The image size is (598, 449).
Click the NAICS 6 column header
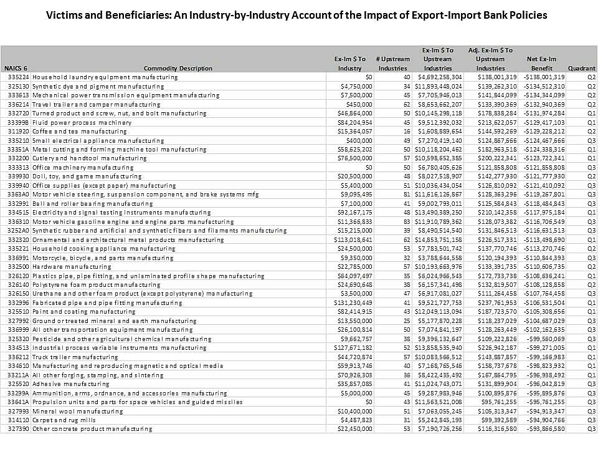coord(16,68)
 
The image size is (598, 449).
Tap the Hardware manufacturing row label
coord(67,266)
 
